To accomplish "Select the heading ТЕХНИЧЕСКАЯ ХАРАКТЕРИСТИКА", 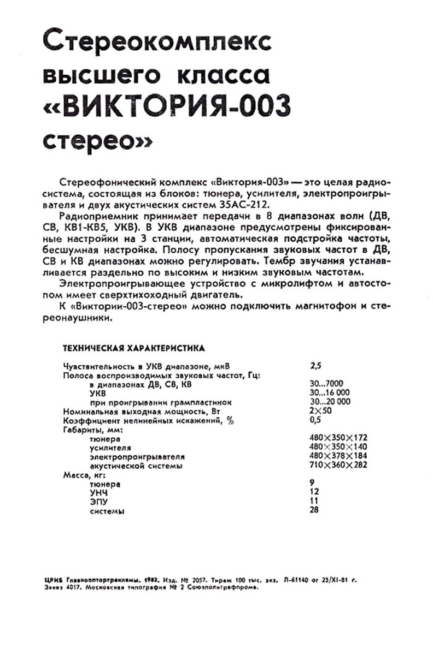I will click(134, 347).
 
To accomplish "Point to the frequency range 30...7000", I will click(326, 384).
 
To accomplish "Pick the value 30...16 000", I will click(329, 392).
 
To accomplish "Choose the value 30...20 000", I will click(329, 402).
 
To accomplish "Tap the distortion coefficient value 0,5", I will click(315, 420).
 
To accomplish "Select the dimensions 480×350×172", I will click(338, 438).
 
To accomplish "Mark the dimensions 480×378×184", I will click(338, 456).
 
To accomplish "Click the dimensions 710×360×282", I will click(338, 466).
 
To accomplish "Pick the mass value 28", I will click(314, 511).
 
